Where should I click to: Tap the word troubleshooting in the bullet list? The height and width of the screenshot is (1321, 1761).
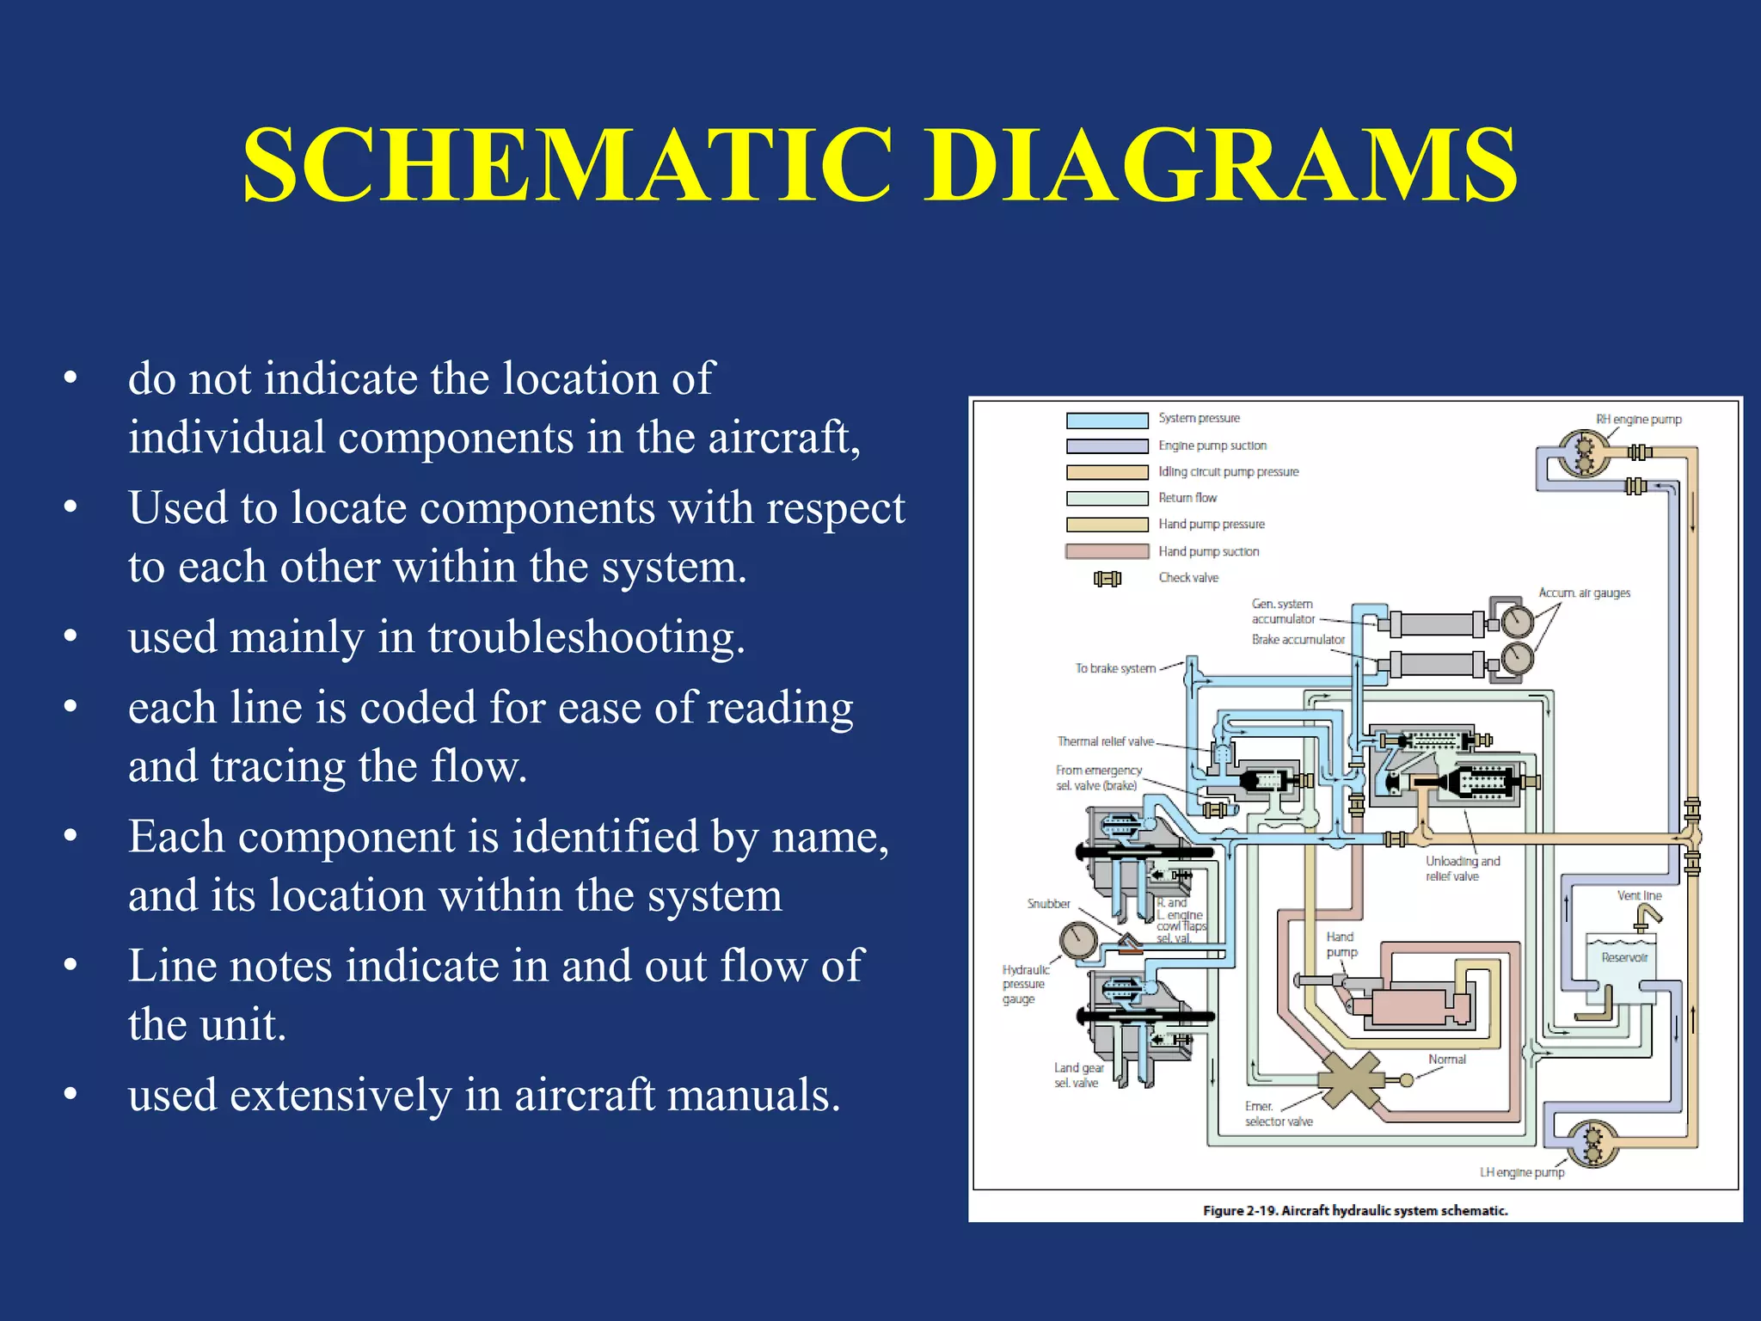[586, 638]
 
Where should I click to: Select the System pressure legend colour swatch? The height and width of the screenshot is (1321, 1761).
[1107, 420]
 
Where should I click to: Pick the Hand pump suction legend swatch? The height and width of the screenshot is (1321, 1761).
[1107, 551]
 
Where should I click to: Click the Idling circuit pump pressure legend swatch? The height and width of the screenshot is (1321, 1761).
[1107, 472]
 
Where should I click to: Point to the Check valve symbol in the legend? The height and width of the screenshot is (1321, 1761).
[1108, 578]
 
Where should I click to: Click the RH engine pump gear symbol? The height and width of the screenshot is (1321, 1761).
[1585, 454]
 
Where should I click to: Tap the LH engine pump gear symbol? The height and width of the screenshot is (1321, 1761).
[1593, 1143]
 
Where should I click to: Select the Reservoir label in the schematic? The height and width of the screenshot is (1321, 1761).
[1624, 957]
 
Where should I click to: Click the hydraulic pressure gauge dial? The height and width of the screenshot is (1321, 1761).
[1078, 940]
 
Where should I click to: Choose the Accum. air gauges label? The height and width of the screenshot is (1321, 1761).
[1584, 593]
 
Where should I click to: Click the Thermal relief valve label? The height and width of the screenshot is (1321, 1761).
[1105, 741]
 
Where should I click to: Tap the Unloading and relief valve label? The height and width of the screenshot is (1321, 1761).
[1462, 868]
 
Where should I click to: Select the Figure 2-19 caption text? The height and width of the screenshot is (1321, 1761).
[1355, 1210]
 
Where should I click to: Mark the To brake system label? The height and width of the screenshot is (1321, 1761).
[1115, 668]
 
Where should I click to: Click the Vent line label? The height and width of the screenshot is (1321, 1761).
[1639, 895]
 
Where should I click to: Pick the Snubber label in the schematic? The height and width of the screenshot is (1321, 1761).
[1048, 903]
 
